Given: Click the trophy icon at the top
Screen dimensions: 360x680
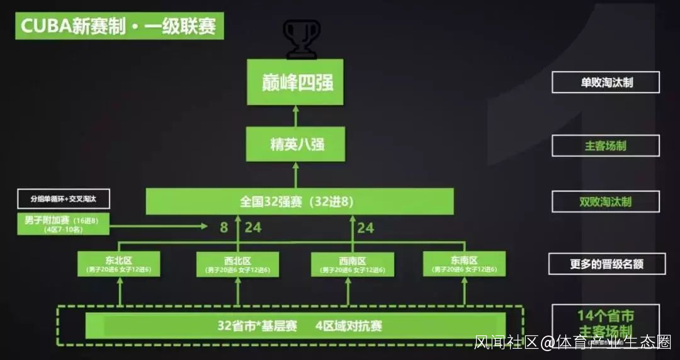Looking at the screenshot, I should pos(302,38).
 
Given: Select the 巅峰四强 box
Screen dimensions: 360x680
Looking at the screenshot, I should pos(295,82).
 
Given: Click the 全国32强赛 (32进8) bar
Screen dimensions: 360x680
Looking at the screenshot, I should pos(299,201).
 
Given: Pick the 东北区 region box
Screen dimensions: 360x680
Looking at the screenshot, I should pos(119,264).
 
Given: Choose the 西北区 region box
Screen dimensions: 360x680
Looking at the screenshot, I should pos(237,264).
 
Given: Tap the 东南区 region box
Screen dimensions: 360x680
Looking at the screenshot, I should pos(463,264).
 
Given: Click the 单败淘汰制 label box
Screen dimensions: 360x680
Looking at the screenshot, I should pos(606,82).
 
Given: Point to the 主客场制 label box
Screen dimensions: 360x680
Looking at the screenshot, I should pos(606,146).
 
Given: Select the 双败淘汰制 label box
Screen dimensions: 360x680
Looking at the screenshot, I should pos(606,202).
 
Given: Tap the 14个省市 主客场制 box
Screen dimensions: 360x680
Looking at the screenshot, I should pos(606,323).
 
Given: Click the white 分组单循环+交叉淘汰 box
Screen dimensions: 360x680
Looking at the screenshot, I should pos(64,200).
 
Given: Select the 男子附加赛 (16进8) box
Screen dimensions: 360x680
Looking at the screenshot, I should pos(64,224).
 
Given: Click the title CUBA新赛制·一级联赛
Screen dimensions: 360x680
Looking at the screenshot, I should pos(120,26).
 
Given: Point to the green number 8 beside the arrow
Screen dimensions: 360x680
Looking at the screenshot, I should pos(224,227).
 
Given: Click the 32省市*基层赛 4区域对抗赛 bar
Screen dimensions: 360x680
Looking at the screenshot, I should pos(296,325).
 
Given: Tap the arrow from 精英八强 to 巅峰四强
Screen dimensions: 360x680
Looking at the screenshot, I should pos(295,116).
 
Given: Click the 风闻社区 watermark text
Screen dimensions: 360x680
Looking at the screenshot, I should pos(506,342).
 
